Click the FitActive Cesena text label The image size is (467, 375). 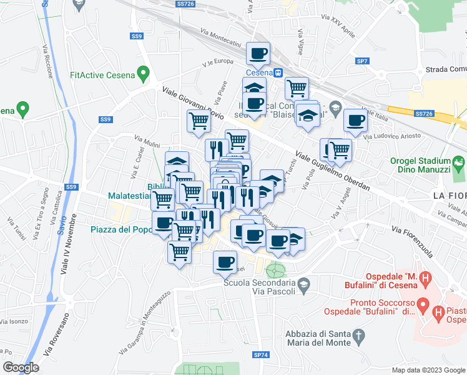102,76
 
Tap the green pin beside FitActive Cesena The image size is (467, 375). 144,76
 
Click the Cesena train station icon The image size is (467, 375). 279,72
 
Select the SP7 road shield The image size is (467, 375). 362,61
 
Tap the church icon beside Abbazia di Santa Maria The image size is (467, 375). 358,338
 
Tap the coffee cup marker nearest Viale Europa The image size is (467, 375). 258,54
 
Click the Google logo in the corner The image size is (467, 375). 21,367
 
